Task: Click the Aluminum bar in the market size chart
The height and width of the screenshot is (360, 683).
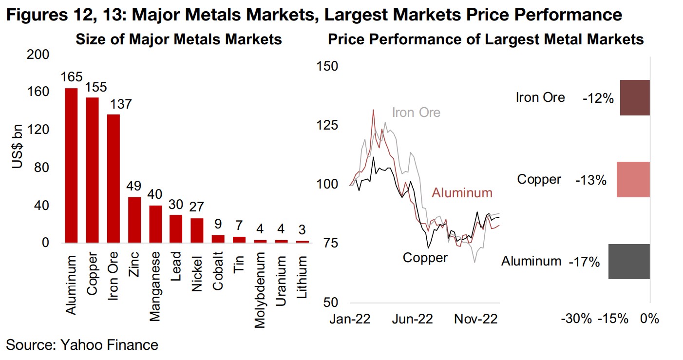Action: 71,166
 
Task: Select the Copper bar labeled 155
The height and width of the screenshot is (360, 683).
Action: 93,171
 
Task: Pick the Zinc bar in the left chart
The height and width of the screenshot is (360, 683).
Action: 134,220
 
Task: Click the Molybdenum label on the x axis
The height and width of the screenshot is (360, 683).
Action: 261,283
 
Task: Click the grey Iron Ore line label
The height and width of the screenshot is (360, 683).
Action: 416,113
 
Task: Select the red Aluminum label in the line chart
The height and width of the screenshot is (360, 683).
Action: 462,193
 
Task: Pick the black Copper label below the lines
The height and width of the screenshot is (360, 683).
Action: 425,257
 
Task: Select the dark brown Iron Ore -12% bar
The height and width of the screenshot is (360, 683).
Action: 635,98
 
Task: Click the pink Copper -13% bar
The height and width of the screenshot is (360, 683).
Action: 633,180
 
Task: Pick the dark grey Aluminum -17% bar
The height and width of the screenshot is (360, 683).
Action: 629,262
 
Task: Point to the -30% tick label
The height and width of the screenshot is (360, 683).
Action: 577,319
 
